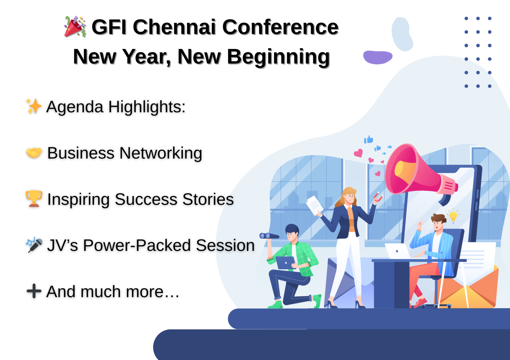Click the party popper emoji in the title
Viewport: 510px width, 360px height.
click(x=75, y=26)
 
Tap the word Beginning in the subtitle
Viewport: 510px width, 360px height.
click(x=278, y=57)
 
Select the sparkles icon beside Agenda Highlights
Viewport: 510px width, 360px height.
click(x=34, y=106)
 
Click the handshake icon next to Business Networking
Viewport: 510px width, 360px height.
click(x=34, y=153)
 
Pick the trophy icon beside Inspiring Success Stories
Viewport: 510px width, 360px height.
click(x=34, y=199)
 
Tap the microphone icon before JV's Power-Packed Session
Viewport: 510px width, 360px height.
click(x=34, y=245)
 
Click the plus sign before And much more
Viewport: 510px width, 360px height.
click(x=34, y=291)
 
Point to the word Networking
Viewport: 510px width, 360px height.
click(x=161, y=153)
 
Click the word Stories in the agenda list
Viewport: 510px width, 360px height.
click(x=208, y=199)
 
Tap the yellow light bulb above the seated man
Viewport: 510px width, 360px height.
click(x=453, y=216)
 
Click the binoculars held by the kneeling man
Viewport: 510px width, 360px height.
click(x=269, y=236)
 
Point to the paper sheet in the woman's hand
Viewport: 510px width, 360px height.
click(x=315, y=205)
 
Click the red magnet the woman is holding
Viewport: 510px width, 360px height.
click(x=378, y=197)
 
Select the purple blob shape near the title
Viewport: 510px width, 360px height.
click(x=377, y=57)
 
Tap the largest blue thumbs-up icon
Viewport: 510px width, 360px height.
click(x=369, y=139)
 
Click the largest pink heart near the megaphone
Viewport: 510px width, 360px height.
click(x=358, y=153)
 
